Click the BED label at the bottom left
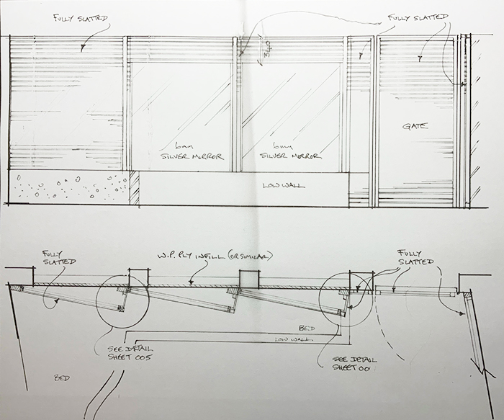click(x=62, y=377)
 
